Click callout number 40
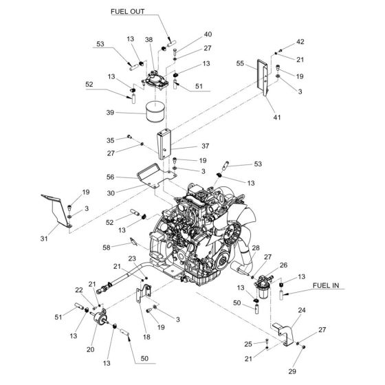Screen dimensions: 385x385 [x=208, y=34]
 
